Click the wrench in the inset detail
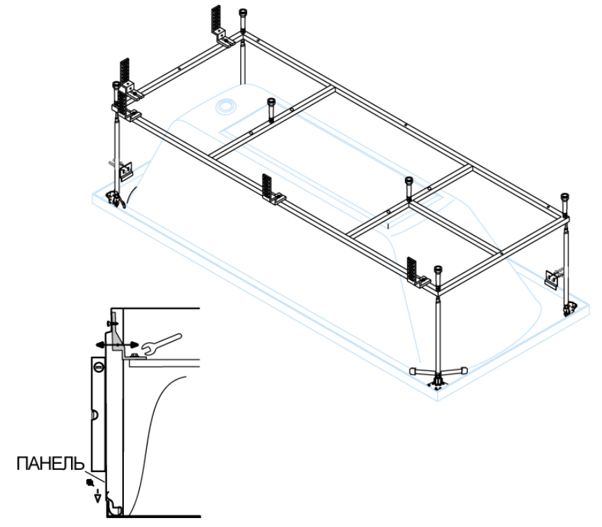tap(161, 341)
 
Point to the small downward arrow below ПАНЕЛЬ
tap(97, 495)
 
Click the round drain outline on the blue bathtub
tap(226, 106)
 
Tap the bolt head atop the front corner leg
tap(437, 271)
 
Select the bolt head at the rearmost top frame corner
tap(243, 14)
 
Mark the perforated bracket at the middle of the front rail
tap(269, 188)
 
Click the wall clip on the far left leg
tap(125, 168)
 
